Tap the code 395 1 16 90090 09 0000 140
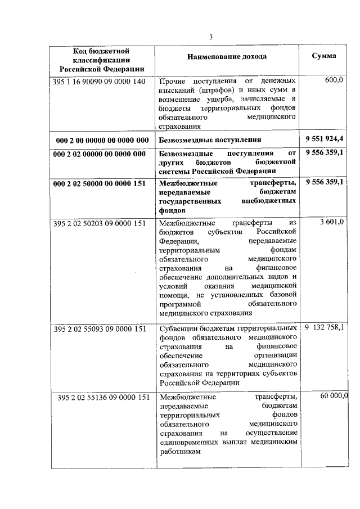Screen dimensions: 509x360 click(x=102, y=81)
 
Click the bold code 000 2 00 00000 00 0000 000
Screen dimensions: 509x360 click(x=102, y=139)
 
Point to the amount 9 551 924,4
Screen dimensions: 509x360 click(x=325, y=138)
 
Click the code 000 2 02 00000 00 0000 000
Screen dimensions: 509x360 click(x=102, y=154)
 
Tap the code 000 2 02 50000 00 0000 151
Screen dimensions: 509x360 click(x=102, y=183)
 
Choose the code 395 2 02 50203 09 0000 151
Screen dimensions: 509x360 click(x=102, y=223)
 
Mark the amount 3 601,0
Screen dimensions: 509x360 click(x=331, y=223)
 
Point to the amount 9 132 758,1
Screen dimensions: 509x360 click(x=325, y=328)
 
